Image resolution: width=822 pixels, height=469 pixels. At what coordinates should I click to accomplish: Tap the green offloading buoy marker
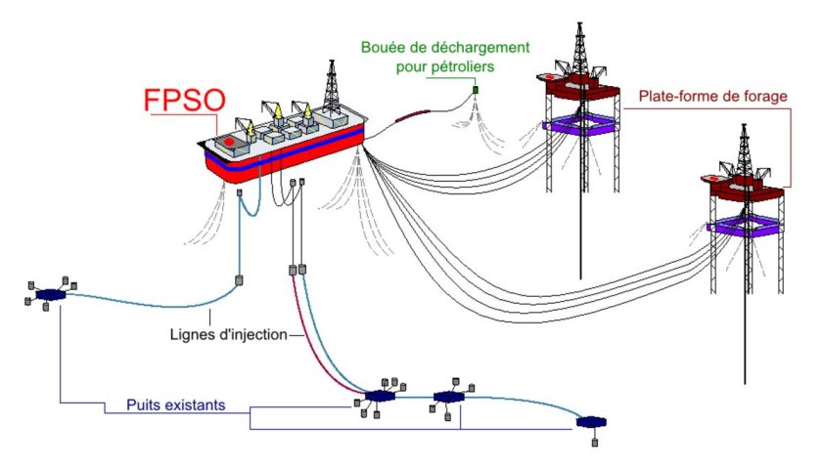coord(476,91)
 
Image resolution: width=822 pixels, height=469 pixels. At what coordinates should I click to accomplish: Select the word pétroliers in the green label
coord(462,67)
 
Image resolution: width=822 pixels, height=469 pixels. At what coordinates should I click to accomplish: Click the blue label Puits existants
coord(176,404)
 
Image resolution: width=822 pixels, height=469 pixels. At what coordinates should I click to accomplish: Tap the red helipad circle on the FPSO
coord(229,142)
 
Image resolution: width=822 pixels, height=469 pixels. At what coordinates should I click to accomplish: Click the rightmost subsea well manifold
coord(590,423)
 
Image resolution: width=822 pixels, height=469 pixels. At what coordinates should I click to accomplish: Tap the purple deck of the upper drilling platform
coord(577,125)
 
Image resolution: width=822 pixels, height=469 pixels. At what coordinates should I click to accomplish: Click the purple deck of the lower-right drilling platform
coord(746,227)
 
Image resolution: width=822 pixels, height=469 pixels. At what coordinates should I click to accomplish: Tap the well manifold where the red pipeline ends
coord(378,396)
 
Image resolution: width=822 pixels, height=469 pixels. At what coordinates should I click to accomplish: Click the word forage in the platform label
coord(761,97)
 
